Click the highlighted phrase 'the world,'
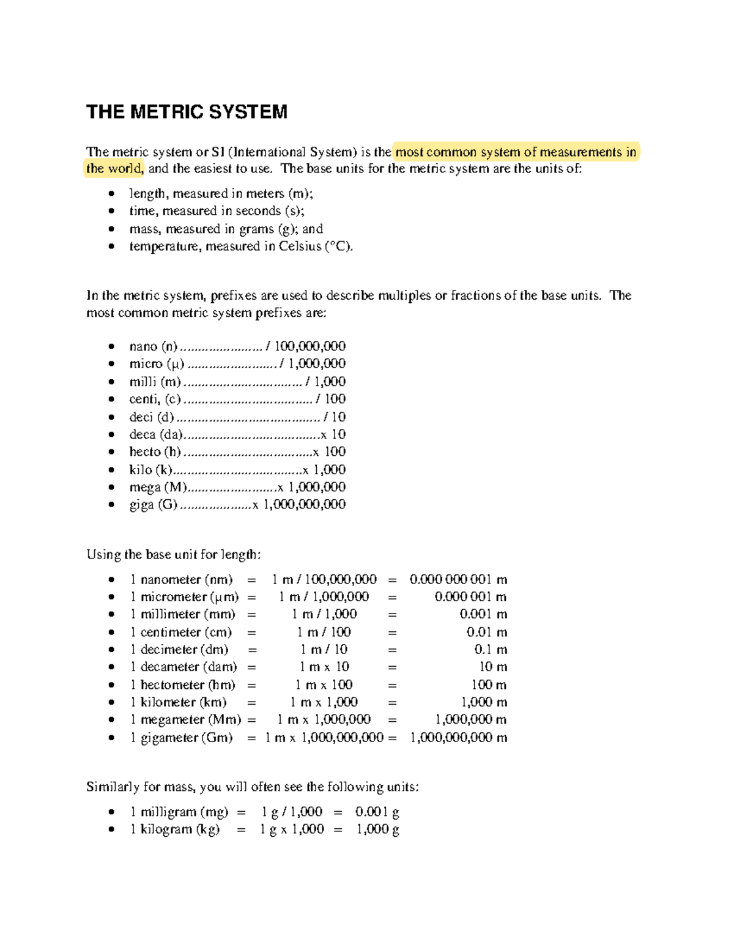(x=114, y=169)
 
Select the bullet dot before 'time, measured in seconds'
(x=111, y=211)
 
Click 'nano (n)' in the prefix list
(x=153, y=346)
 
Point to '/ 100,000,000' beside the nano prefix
(x=306, y=346)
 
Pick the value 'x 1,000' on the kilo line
(x=324, y=470)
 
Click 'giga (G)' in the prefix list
(x=153, y=505)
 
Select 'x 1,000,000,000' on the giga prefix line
(x=299, y=505)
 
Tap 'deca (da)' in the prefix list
(x=156, y=434)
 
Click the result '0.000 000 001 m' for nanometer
(x=458, y=579)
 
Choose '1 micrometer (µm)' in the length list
(x=184, y=597)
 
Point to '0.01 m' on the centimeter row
(x=487, y=632)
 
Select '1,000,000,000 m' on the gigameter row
(x=458, y=738)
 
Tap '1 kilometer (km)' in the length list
(x=178, y=702)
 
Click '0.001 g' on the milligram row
(x=377, y=812)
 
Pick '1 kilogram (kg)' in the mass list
(x=174, y=829)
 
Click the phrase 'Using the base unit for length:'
(x=174, y=555)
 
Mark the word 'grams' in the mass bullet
(x=256, y=229)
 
